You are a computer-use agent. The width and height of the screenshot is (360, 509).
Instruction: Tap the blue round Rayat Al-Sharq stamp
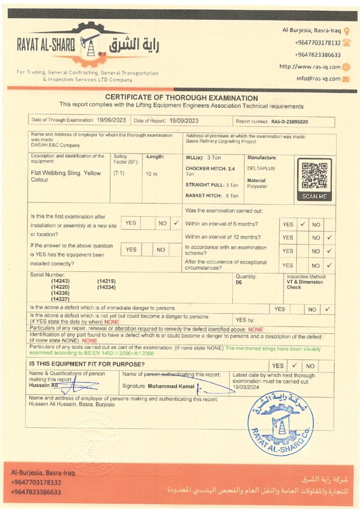point(280,423)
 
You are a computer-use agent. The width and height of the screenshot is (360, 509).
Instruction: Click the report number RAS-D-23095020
point(289,121)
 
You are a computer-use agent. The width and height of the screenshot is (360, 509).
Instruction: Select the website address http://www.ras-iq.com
point(310,67)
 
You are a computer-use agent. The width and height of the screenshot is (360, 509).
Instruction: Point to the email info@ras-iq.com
point(318,79)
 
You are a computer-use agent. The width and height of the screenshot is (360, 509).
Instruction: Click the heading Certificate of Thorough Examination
point(181,98)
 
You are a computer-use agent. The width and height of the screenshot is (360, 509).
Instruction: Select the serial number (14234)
point(106,287)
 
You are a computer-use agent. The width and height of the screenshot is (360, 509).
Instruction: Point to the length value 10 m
point(151,174)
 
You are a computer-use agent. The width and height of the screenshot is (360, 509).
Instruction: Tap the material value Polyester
point(257,186)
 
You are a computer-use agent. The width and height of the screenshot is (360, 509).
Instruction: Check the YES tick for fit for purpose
point(294,365)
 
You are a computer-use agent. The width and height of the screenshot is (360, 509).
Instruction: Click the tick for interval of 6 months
point(302,224)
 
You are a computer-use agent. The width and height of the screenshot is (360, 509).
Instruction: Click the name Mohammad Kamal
point(174,386)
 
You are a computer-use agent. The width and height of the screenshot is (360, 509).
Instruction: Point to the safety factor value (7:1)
point(119,173)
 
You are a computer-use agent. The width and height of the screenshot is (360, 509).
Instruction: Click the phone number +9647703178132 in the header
point(317,43)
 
